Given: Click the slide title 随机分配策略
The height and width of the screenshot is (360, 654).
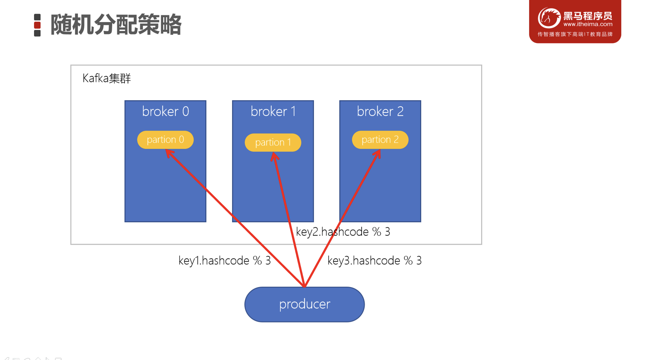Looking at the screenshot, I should click(116, 25).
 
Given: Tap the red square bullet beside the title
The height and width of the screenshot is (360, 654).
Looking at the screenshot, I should click(37, 25).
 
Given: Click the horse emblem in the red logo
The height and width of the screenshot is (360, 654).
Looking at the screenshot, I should click(549, 18).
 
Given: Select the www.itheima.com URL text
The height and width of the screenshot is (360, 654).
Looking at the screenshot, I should click(588, 24).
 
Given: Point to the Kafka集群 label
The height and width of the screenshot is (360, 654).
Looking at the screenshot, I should click(106, 78).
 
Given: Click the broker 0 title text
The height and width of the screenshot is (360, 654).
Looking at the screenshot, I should click(165, 112).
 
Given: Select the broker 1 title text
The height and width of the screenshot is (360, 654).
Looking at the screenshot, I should click(273, 112).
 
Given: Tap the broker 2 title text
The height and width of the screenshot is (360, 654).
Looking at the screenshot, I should click(380, 112).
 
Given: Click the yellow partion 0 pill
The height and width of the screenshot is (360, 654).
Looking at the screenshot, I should click(165, 140).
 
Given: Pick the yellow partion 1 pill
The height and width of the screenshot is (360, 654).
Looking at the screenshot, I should click(273, 142).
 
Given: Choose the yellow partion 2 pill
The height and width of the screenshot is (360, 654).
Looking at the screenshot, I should click(380, 140).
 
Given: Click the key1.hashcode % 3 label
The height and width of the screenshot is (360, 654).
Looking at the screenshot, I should click(224, 261).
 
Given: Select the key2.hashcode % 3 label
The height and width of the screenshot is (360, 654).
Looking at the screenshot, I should click(343, 232).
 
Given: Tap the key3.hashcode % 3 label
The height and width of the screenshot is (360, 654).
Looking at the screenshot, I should click(374, 261).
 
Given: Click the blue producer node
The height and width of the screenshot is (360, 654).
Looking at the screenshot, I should click(304, 304).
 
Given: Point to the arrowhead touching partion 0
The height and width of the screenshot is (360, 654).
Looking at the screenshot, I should click(169, 153).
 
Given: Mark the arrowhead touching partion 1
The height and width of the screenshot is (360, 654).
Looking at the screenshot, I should click(274, 156).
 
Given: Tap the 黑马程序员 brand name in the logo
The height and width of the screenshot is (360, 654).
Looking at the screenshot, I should click(588, 16).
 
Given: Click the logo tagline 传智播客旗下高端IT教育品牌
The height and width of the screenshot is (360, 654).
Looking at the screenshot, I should click(575, 34).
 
